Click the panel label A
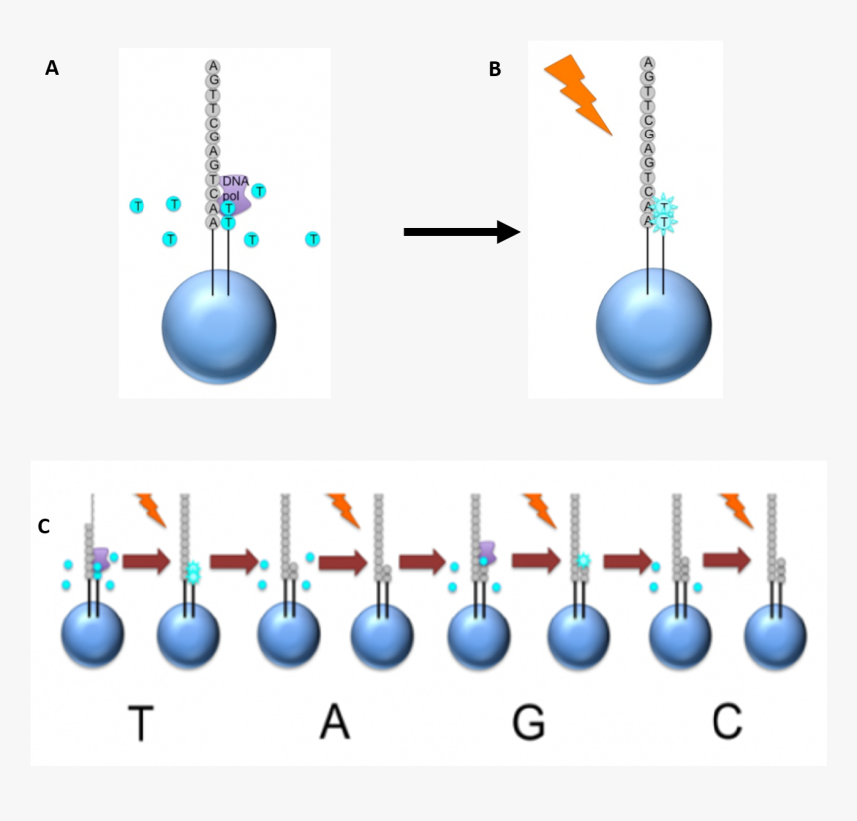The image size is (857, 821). click(52, 68)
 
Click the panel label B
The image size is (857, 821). click(495, 69)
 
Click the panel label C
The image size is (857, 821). click(43, 526)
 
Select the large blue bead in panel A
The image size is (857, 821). click(219, 326)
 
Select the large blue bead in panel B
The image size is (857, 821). click(653, 325)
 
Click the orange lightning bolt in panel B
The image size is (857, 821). click(578, 94)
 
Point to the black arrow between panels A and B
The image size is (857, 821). click(461, 232)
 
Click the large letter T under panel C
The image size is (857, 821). click(141, 723)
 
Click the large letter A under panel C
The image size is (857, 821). click(335, 722)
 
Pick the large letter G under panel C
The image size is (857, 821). click(529, 723)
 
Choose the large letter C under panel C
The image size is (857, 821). click(727, 722)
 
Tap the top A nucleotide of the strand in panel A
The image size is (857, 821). click(213, 66)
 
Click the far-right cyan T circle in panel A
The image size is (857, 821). click(313, 239)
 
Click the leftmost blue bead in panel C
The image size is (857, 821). click(92, 636)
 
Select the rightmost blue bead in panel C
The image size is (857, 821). click(776, 636)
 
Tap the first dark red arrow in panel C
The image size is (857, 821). click(146, 563)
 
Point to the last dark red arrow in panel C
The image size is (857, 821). click(726, 562)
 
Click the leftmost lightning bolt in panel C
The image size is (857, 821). click(150, 508)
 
